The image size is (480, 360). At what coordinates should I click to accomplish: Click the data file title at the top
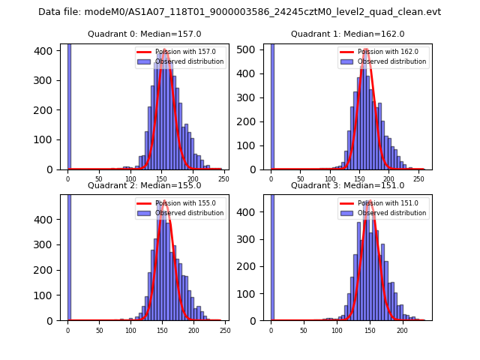pos(239,12)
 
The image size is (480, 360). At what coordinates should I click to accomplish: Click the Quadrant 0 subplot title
pos(145,34)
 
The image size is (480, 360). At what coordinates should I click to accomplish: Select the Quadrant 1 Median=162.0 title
pos(347,34)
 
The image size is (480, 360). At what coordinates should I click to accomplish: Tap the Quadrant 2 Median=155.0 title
pos(145,185)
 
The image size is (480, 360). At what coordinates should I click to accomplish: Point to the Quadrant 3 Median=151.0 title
pos(347,185)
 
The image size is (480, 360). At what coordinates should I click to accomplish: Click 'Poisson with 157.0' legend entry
pos(180,52)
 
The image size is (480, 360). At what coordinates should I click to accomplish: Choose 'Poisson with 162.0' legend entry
pos(382,52)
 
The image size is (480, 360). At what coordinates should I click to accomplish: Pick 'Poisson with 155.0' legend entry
pos(180,203)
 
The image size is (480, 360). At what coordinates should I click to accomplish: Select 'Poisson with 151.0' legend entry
pos(382,203)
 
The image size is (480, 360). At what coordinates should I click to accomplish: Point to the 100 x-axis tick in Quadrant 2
pos(130,330)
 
